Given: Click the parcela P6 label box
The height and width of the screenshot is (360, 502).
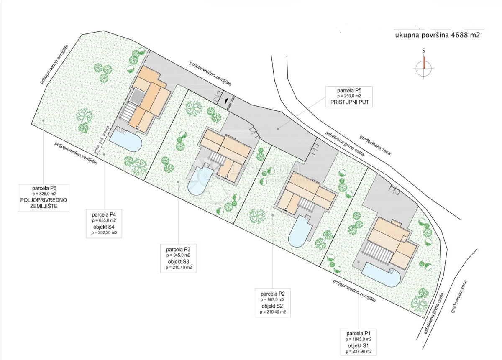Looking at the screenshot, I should pos(44,197).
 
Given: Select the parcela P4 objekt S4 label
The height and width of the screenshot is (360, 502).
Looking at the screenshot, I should pos(104,223).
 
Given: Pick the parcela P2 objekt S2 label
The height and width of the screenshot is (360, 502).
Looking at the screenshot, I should pos(273,302).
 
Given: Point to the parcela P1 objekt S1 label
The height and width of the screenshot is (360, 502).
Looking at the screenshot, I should pos(359,342).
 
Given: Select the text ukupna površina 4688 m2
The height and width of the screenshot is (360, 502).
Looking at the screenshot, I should pos(437,36).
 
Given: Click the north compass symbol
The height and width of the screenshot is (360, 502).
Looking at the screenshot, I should pos(424,67).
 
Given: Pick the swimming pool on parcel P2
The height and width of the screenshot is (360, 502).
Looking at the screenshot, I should pos(300,233).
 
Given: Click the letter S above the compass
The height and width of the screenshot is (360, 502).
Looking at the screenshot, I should pos(424,51).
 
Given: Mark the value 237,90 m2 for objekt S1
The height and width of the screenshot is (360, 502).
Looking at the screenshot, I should pos(359,352).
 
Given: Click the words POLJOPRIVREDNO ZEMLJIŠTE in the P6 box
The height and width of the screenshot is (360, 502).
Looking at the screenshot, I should pos(44,203).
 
